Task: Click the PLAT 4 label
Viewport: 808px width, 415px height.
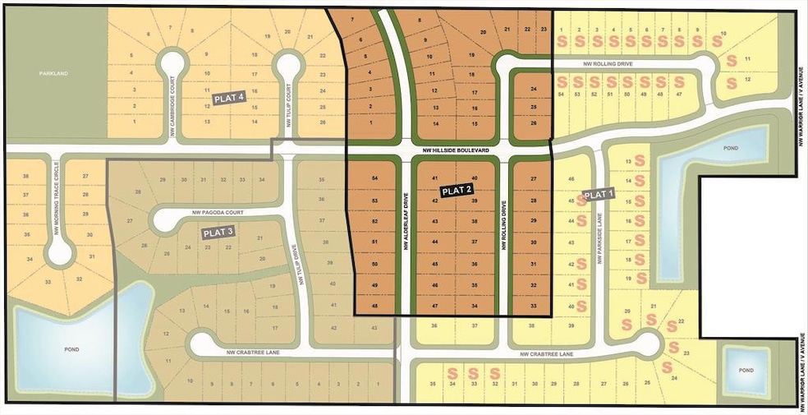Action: [x=230, y=98]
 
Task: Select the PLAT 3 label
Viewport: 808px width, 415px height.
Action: [x=219, y=233]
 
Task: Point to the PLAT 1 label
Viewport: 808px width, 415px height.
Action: [x=598, y=195]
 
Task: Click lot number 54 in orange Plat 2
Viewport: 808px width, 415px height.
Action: [x=374, y=178]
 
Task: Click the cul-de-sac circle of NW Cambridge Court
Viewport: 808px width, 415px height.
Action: [x=172, y=61]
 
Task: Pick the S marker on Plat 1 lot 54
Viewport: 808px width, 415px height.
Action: [x=562, y=82]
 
